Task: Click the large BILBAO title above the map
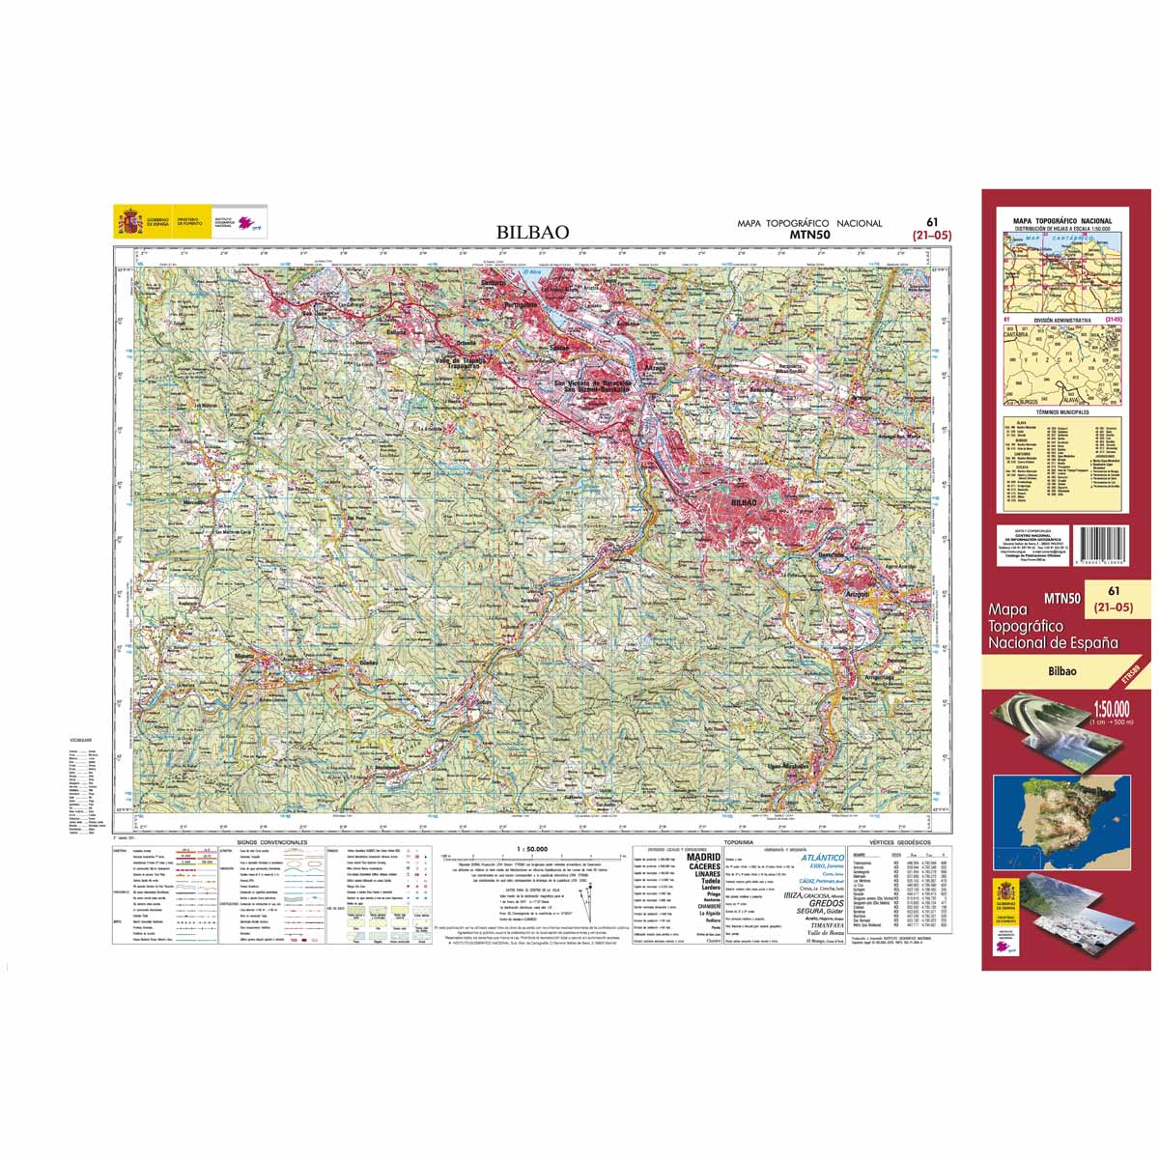tap(533, 232)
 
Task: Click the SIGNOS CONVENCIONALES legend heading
tap(271, 843)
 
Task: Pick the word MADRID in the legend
tap(703, 857)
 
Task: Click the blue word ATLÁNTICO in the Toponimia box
tap(823, 857)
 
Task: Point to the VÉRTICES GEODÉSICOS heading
tap(897, 843)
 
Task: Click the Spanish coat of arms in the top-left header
tap(128, 222)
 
